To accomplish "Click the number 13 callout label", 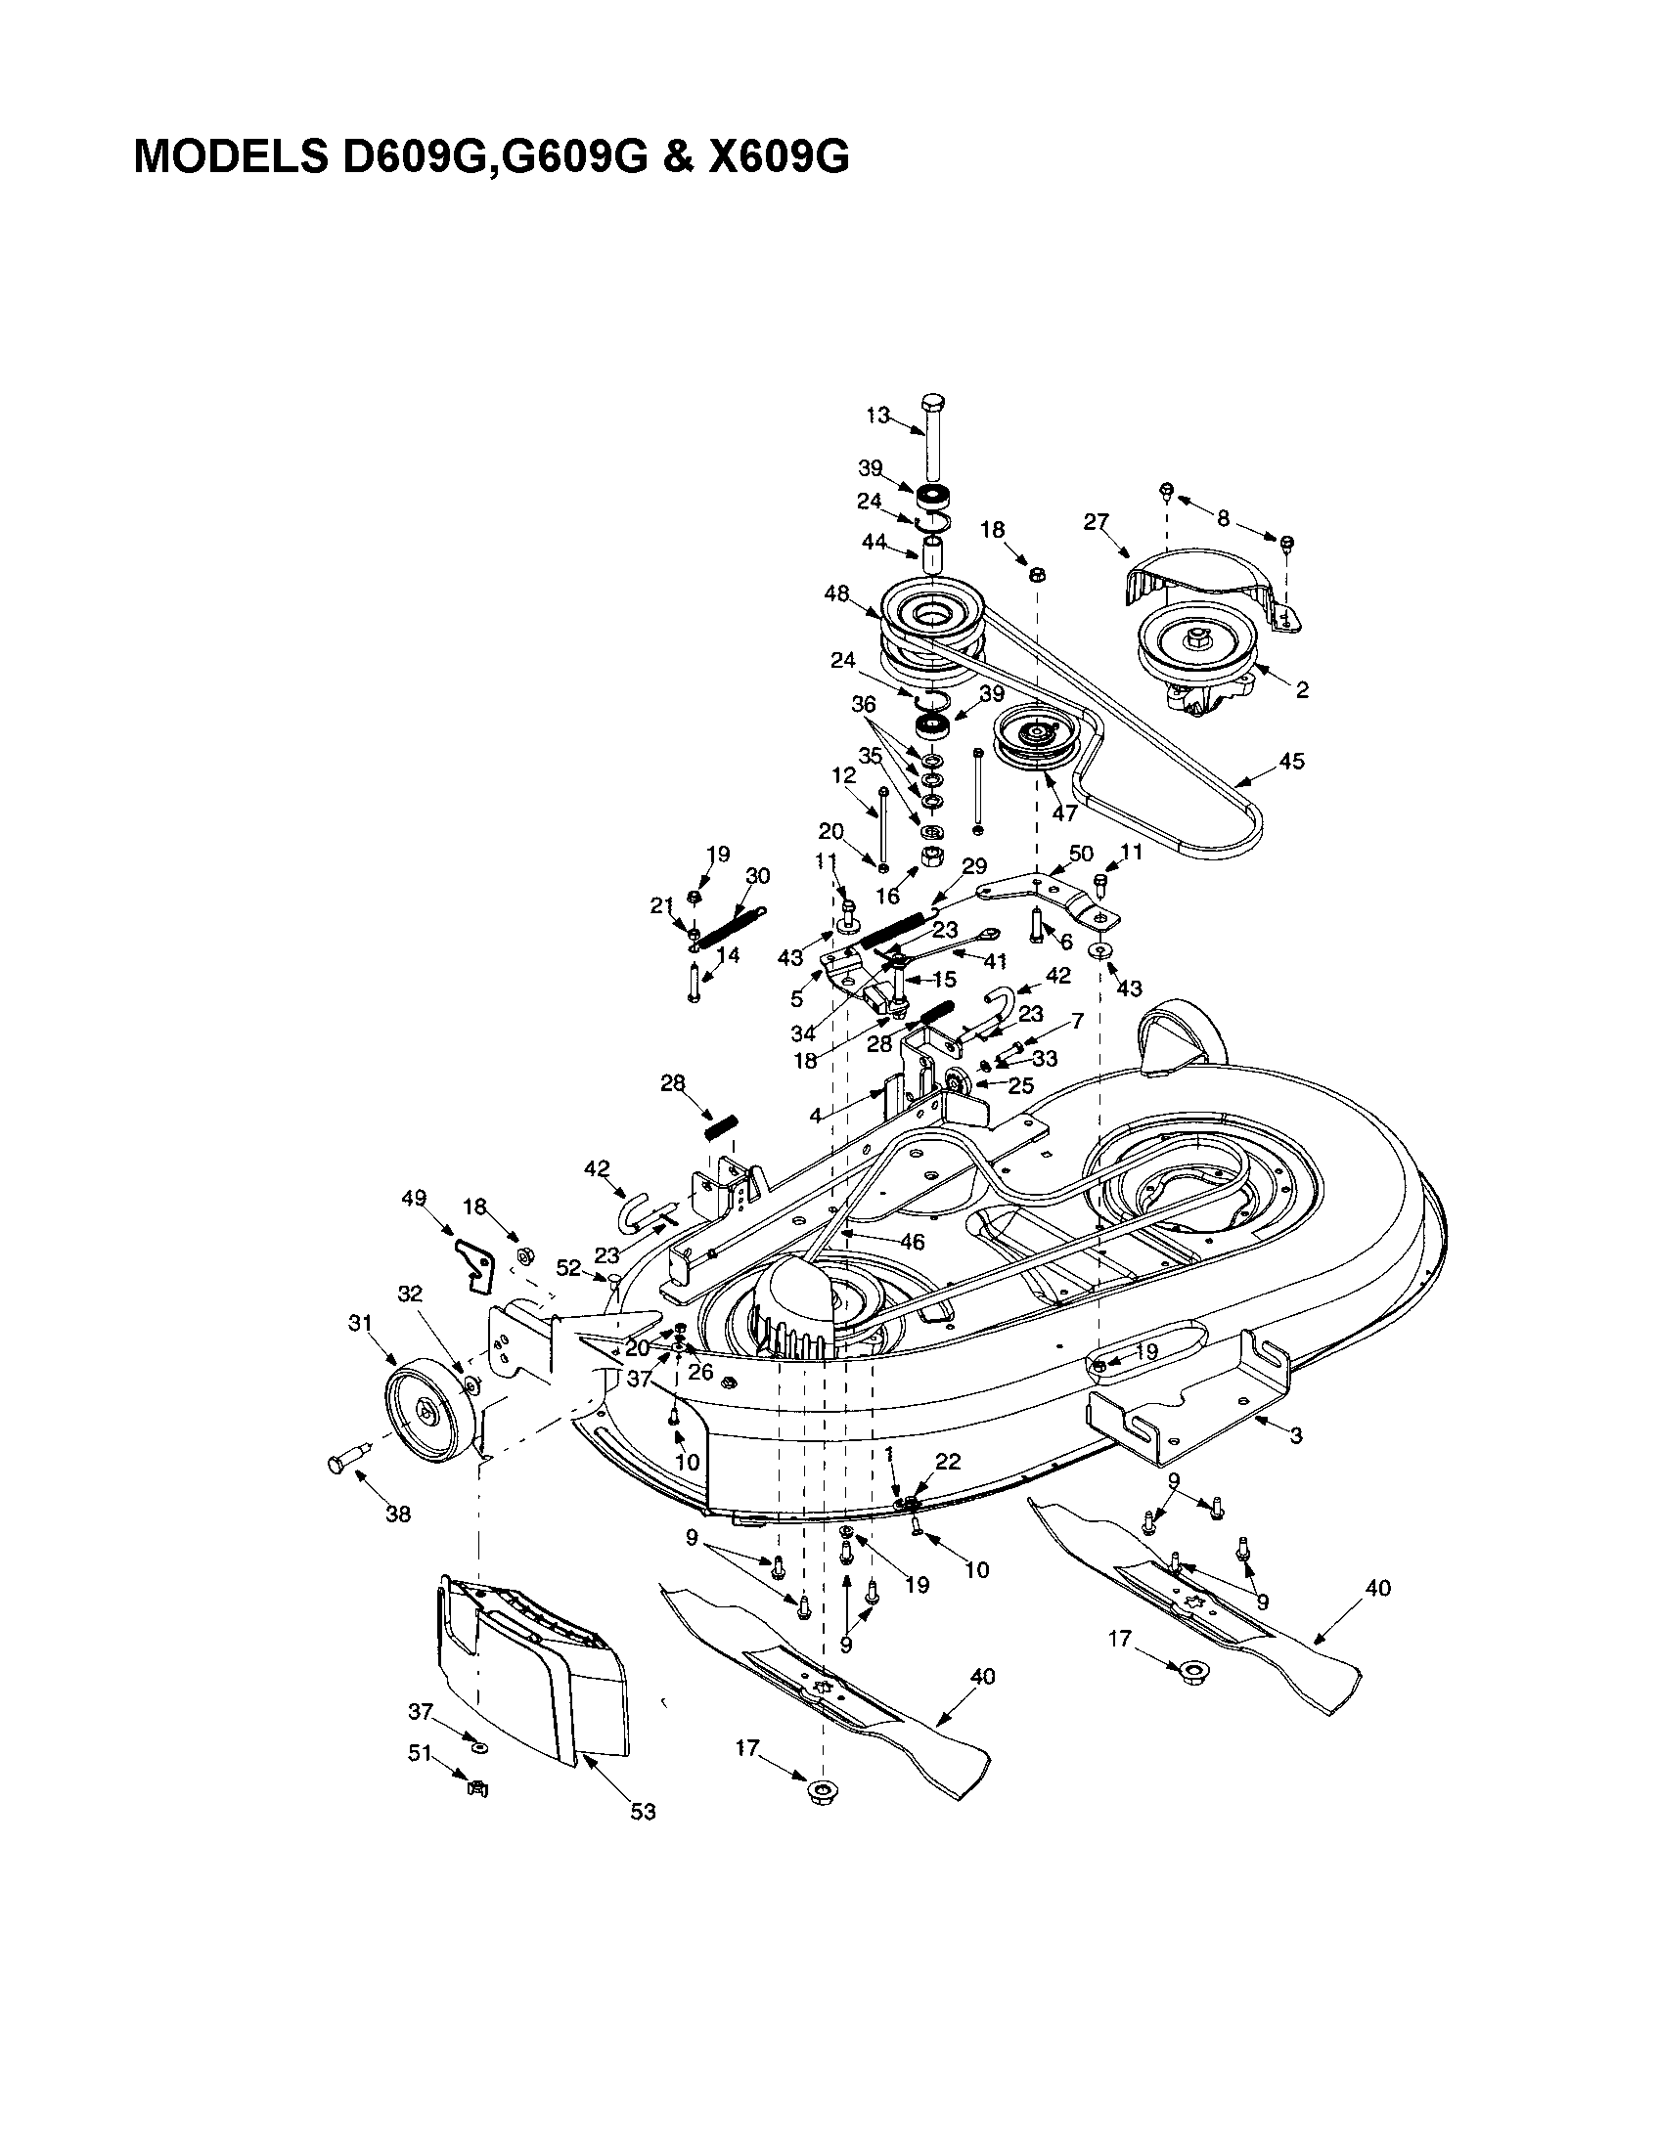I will pyautogui.click(x=876, y=416).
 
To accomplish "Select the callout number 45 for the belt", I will pyautogui.click(x=1290, y=761).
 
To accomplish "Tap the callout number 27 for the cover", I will pyautogui.click(x=1097, y=522).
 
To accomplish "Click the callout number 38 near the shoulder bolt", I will pyautogui.click(x=397, y=1514).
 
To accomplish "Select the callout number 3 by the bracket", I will pyautogui.click(x=1296, y=1436).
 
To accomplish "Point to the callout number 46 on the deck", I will pyautogui.click(x=913, y=1242).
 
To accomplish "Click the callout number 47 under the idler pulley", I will pyautogui.click(x=1064, y=813).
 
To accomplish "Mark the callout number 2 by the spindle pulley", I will pyautogui.click(x=1302, y=690).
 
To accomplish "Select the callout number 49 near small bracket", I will pyautogui.click(x=413, y=1199).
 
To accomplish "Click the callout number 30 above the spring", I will pyautogui.click(x=757, y=876).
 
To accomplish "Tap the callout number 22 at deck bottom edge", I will pyautogui.click(x=948, y=1462).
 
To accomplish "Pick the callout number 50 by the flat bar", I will pyautogui.click(x=1082, y=853).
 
